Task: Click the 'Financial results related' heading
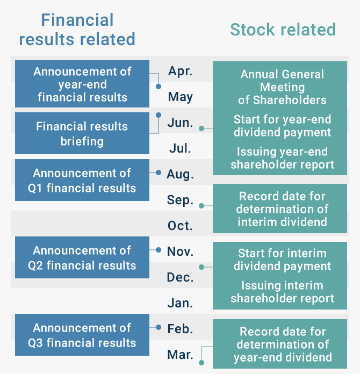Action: pyautogui.click(x=77, y=30)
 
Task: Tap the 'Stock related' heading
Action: pyautogui.click(x=283, y=30)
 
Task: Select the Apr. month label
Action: pyautogui.click(x=180, y=71)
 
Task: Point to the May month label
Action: pyautogui.click(x=180, y=97)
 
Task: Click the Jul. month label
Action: pyautogui.click(x=180, y=148)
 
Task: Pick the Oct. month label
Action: pyautogui.click(x=180, y=226)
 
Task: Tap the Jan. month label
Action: pyautogui.click(x=180, y=303)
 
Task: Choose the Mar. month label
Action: pyautogui.click(x=180, y=355)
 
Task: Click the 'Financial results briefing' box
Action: pyautogui.click(x=82, y=133)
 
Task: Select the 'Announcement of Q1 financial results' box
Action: pyautogui.click(x=82, y=180)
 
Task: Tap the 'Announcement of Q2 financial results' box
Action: pyautogui.click(x=82, y=257)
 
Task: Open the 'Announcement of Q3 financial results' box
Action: pyautogui.click(x=82, y=335)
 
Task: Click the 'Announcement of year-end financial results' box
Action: pyautogui.click(x=82, y=84)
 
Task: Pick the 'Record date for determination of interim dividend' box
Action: pyautogui.click(x=280, y=208)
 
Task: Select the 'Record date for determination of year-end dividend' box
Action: pyautogui.click(x=280, y=344)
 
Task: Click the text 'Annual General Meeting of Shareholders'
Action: pyautogui.click(x=282, y=87)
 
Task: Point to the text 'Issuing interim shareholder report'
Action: pyautogui.click(x=282, y=292)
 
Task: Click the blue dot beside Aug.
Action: pyautogui.click(x=159, y=172)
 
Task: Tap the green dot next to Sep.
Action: pyautogui.click(x=201, y=206)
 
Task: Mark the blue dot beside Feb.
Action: pyautogui.click(x=159, y=327)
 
